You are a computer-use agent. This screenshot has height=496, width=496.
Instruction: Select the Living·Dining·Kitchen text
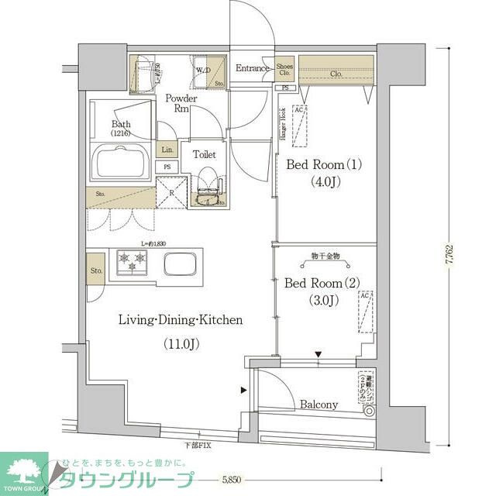181,319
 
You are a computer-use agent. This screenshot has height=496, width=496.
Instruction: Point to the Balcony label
319,405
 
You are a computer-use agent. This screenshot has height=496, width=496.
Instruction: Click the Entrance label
253,68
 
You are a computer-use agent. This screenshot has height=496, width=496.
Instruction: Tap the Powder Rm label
181,104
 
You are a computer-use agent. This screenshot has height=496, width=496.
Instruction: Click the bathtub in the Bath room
123,162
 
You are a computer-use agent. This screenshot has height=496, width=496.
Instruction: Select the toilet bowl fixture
207,188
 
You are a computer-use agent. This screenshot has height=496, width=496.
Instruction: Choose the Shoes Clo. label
285,69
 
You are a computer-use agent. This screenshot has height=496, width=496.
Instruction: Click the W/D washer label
203,71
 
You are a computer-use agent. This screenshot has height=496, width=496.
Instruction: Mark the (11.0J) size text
181,343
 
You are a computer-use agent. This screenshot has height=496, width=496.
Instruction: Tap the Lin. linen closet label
167,150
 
